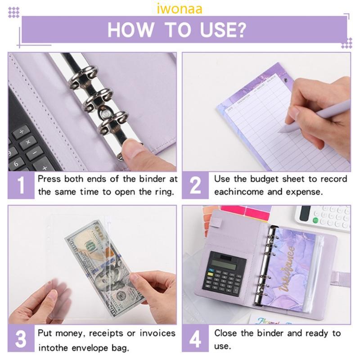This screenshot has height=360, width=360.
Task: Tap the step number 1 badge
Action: click(22, 185)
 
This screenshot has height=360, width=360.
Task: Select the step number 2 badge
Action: click(196, 185)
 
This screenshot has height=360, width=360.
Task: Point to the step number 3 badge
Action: click(22, 340)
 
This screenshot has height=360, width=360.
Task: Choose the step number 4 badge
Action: click(196, 340)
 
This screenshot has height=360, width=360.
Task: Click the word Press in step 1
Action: click(49, 179)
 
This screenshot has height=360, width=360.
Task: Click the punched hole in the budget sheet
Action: click(286, 80)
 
